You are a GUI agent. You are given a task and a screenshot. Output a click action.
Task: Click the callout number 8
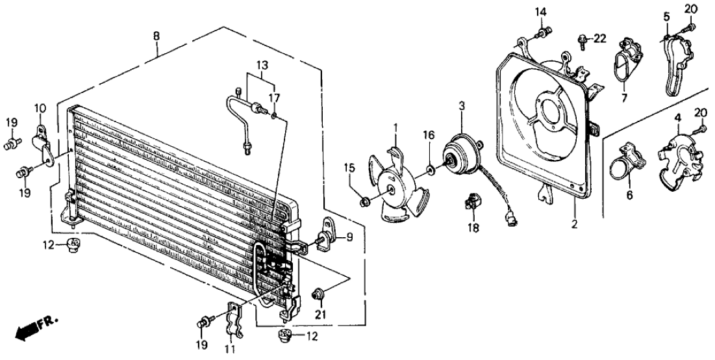click(x=155, y=36)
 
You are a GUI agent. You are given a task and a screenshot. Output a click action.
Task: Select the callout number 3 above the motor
click(x=461, y=105)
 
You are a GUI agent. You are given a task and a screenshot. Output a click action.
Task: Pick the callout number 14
click(x=542, y=12)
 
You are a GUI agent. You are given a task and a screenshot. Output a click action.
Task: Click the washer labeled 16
click(x=431, y=172)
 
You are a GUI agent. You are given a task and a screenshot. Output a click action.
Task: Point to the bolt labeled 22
click(x=583, y=42)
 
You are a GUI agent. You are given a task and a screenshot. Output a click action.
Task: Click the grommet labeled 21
click(x=319, y=294)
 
